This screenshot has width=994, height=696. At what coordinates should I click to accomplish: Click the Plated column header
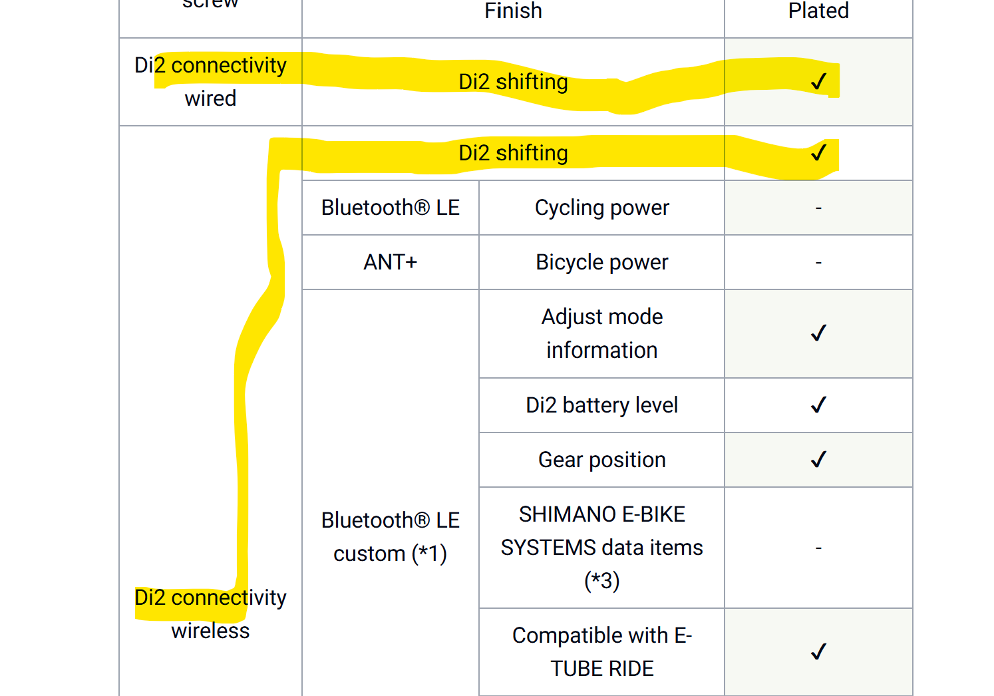click(818, 11)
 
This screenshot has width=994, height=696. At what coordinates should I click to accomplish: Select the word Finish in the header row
click(513, 11)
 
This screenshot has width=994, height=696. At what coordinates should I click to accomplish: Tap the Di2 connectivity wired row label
click(210, 82)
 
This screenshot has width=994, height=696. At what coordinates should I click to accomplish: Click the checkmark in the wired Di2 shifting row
click(819, 81)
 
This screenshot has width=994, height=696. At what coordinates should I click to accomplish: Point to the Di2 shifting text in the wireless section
click(513, 153)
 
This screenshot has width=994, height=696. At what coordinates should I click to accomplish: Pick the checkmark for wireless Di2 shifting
click(819, 152)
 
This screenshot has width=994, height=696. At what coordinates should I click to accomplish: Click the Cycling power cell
click(601, 208)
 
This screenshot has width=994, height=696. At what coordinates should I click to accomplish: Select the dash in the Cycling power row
click(819, 208)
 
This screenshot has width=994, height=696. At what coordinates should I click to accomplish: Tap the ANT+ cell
click(391, 262)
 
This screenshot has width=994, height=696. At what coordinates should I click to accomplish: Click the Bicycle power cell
click(601, 262)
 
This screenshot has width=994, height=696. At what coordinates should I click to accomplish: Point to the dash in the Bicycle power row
click(819, 263)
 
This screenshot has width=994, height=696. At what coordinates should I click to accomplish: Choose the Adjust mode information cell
click(601, 333)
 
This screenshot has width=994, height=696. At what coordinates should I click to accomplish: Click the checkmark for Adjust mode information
click(819, 333)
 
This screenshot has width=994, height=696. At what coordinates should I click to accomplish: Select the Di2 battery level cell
click(601, 405)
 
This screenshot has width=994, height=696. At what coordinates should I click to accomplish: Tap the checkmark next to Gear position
click(819, 459)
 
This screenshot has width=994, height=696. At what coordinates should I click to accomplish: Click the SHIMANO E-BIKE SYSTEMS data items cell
click(601, 548)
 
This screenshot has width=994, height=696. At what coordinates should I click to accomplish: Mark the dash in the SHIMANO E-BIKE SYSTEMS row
click(819, 548)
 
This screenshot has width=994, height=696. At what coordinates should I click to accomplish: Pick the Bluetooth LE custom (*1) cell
click(391, 537)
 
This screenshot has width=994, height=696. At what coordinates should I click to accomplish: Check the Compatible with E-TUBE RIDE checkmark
click(819, 651)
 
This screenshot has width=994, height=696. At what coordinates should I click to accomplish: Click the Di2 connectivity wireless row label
click(210, 614)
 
